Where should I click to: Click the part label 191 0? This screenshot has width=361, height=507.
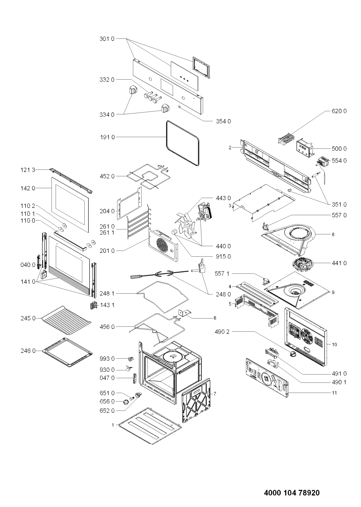[107, 137]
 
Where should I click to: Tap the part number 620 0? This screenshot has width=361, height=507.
[339, 111]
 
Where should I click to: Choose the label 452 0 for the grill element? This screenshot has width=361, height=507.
[107, 176]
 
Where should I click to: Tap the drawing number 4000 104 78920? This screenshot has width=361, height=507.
[292, 485]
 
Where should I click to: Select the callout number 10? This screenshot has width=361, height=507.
[335, 344]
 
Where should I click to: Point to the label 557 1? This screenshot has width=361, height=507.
[222, 274]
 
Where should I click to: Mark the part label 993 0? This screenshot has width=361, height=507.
[107, 359]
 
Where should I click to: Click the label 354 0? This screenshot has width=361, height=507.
[223, 122]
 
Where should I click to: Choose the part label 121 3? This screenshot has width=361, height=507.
[28, 170]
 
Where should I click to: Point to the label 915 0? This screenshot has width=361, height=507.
[223, 256]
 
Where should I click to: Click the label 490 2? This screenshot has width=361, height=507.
[222, 332]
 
